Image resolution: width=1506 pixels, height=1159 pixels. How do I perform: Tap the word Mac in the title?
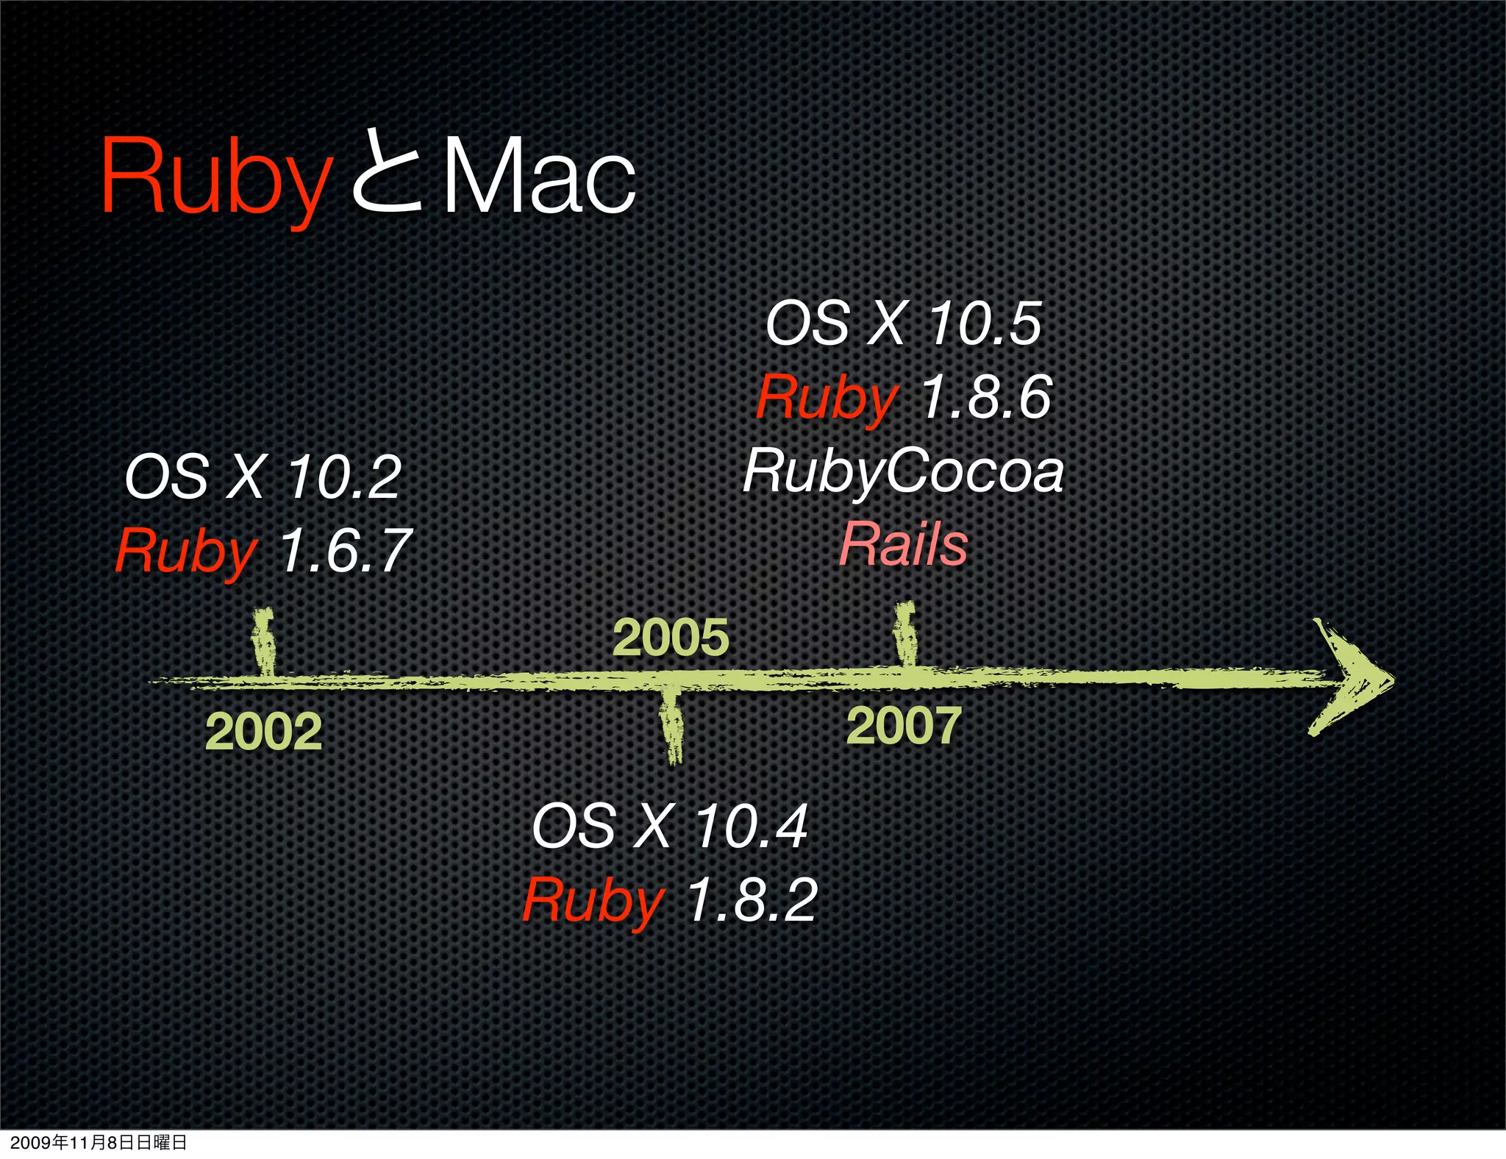[538, 176]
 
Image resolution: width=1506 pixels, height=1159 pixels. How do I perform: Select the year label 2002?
[263, 732]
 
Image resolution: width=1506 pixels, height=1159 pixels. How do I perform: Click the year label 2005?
[671, 637]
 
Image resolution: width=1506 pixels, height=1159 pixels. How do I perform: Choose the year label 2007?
[904, 726]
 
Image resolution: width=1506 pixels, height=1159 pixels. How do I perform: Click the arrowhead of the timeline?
[1352, 677]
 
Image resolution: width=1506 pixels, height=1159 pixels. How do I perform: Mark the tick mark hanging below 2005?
[671, 724]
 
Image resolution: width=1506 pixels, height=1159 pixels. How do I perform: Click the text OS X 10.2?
[263, 477]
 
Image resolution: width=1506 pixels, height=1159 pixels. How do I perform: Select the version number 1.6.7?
[344, 550]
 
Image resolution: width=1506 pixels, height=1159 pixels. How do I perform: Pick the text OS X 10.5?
[903, 323]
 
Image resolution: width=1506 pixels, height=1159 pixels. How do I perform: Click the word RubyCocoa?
[903, 471]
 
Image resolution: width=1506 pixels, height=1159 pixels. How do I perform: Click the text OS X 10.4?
[670, 826]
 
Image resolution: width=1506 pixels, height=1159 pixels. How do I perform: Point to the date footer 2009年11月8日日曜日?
[99, 1142]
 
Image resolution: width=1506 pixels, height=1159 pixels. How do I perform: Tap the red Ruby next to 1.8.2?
[593, 901]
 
